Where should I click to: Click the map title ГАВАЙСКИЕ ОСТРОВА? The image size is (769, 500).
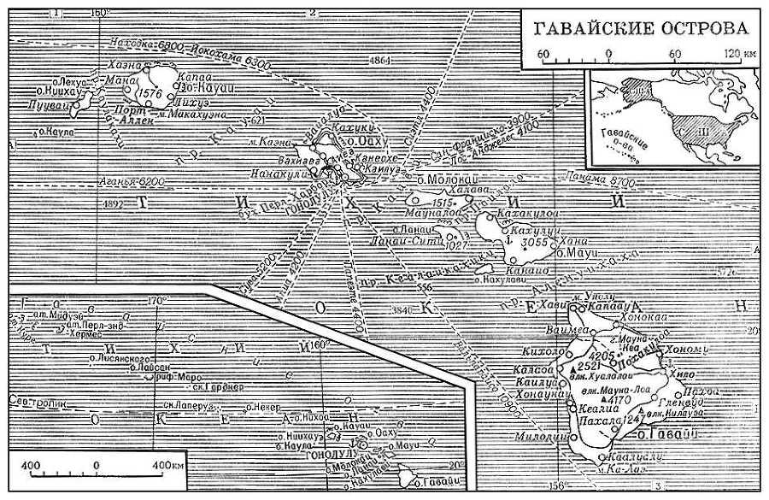coord(642,28)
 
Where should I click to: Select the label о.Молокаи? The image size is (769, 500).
coord(441,181)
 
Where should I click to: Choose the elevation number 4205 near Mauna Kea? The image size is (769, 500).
coord(602,356)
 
